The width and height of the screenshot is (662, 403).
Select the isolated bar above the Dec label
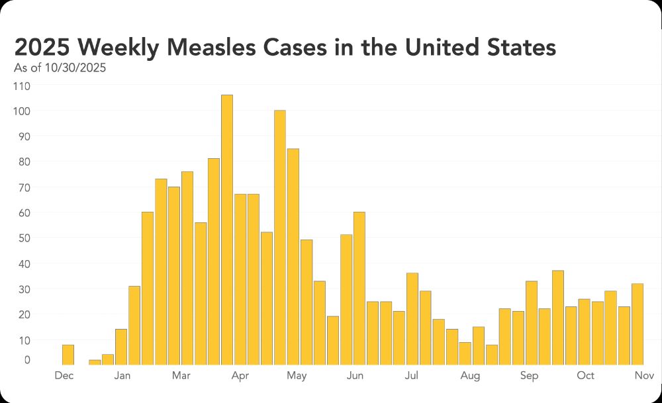pos(68,355)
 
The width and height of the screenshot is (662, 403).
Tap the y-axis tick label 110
pos(22,86)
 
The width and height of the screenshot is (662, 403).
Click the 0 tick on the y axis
pos(26,360)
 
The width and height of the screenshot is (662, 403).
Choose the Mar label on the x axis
pos(181,376)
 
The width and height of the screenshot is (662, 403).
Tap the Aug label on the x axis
pos(470,376)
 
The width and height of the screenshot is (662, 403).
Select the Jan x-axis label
pos(122,376)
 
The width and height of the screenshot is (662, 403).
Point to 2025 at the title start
pos(40,48)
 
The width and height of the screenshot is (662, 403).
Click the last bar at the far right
pos(637,324)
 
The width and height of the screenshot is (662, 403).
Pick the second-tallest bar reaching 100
pos(279,237)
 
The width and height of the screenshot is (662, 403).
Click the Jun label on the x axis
pos(355,376)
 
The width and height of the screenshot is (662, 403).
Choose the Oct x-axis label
pos(585,376)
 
